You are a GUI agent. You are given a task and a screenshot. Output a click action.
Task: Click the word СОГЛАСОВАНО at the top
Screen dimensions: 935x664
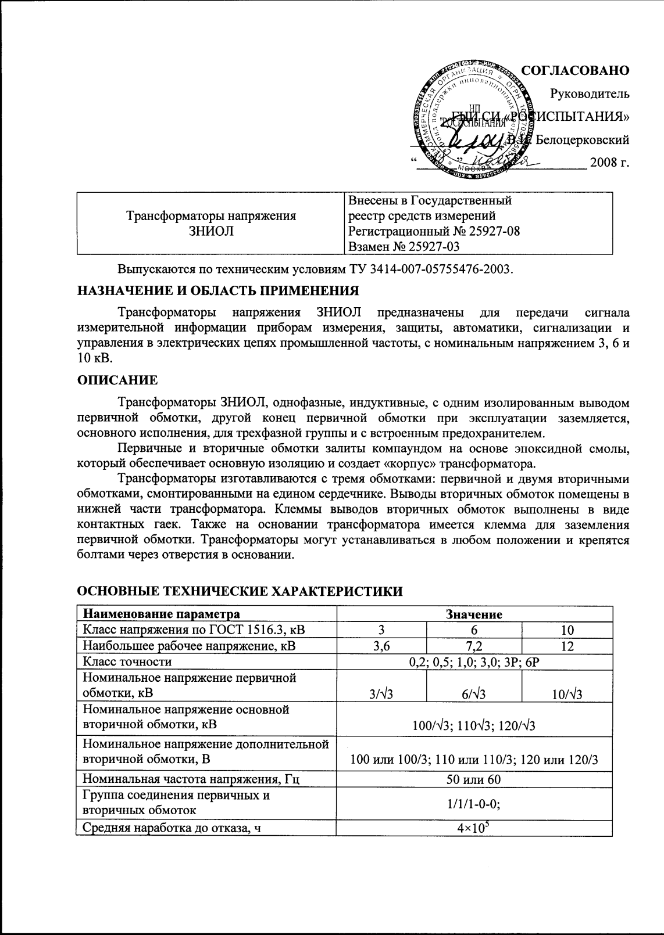tap(575, 70)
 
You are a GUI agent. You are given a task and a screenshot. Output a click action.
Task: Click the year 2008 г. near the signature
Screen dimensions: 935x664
tap(609, 162)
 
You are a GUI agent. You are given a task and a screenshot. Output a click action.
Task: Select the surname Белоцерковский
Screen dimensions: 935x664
tap(582, 139)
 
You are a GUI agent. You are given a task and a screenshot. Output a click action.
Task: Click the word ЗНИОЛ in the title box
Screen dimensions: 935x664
tap(211, 231)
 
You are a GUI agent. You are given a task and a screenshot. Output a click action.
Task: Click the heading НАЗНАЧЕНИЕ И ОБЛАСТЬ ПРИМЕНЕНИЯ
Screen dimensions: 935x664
tap(218, 290)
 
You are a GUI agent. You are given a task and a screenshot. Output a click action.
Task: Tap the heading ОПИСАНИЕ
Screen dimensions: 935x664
tap(117, 380)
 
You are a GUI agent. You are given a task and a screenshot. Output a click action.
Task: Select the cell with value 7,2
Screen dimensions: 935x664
tap(474, 646)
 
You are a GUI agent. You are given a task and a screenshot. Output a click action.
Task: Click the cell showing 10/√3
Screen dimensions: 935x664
tap(567, 694)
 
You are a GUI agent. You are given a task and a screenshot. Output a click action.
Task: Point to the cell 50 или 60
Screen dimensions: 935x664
tap(474, 779)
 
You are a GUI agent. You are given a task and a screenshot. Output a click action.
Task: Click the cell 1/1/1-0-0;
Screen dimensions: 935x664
tap(474, 804)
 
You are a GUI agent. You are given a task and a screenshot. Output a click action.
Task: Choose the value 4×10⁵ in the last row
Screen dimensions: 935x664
tap(474, 828)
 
